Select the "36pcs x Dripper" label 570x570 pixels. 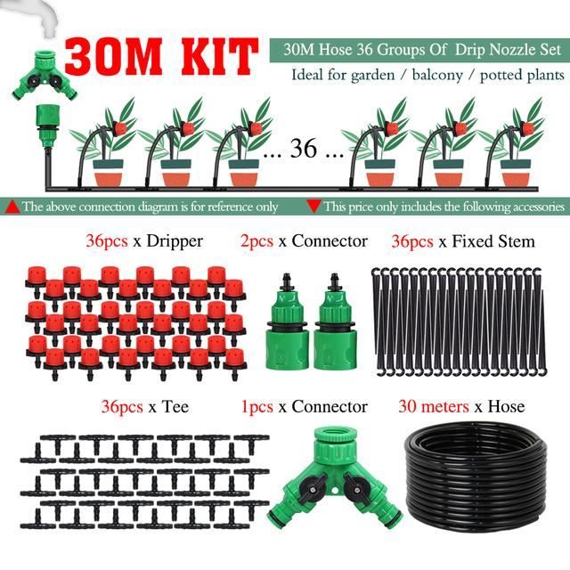[x=143, y=241]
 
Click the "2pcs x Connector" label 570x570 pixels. [x=304, y=241]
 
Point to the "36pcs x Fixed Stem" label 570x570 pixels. [x=463, y=241]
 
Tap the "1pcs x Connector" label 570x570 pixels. [x=304, y=407]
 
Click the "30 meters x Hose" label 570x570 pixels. [x=460, y=407]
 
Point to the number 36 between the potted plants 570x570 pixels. [x=304, y=149]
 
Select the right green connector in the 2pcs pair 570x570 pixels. [x=336, y=321]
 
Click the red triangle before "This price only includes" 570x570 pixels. [x=313, y=207]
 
